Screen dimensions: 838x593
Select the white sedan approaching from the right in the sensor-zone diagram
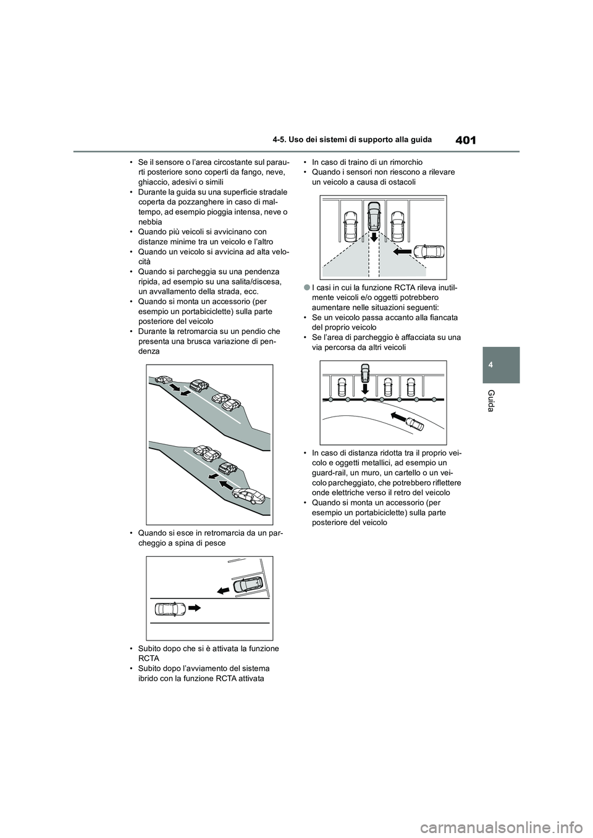429,251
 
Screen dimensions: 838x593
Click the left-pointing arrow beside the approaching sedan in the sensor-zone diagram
402,251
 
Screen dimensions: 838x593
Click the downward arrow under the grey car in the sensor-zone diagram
372,238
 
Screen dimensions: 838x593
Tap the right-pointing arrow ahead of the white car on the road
195,608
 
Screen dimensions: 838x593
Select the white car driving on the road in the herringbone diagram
170,608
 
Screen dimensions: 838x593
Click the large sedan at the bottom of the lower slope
248,497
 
